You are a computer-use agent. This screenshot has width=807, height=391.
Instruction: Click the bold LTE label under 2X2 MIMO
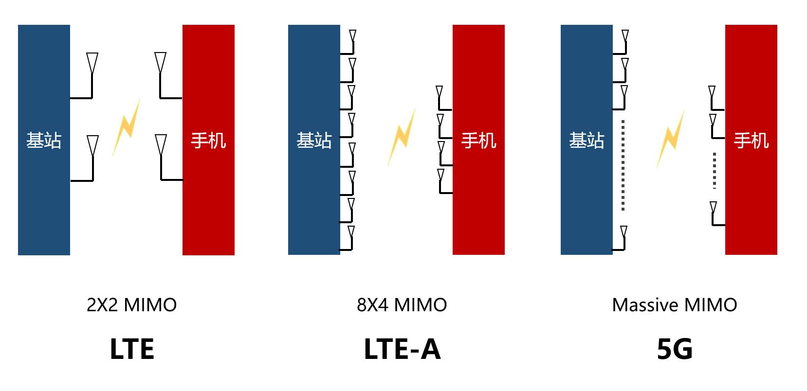click(x=132, y=349)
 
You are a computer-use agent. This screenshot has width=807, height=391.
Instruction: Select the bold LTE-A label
click(x=402, y=349)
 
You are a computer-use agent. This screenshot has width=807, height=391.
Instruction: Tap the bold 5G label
click(x=675, y=349)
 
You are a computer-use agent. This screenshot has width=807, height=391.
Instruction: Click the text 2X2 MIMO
click(x=132, y=305)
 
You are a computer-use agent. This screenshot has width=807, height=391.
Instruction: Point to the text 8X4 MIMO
click(x=402, y=305)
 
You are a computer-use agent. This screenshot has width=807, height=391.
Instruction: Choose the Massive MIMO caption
click(x=675, y=305)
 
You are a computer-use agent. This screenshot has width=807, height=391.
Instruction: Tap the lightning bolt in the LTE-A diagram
click(x=402, y=137)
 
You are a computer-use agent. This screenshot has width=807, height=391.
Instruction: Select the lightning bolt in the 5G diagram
click(x=670, y=139)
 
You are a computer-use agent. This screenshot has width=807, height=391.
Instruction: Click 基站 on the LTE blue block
click(x=44, y=141)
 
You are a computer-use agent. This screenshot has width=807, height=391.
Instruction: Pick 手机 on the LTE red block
click(x=209, y=141)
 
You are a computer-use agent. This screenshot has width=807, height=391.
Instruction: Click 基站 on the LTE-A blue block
click(x=314, y=141)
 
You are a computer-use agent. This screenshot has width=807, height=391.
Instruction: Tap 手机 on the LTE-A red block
click(x=479, y=141)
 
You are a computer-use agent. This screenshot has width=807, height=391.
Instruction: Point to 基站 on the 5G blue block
click(x=587, y=141)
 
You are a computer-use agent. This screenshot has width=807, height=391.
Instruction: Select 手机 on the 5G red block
click(x=752, y=141)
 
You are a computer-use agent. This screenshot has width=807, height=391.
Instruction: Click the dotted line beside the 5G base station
click(x=624, y=165)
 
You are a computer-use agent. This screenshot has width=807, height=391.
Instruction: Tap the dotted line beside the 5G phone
click(x=715, y=171)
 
